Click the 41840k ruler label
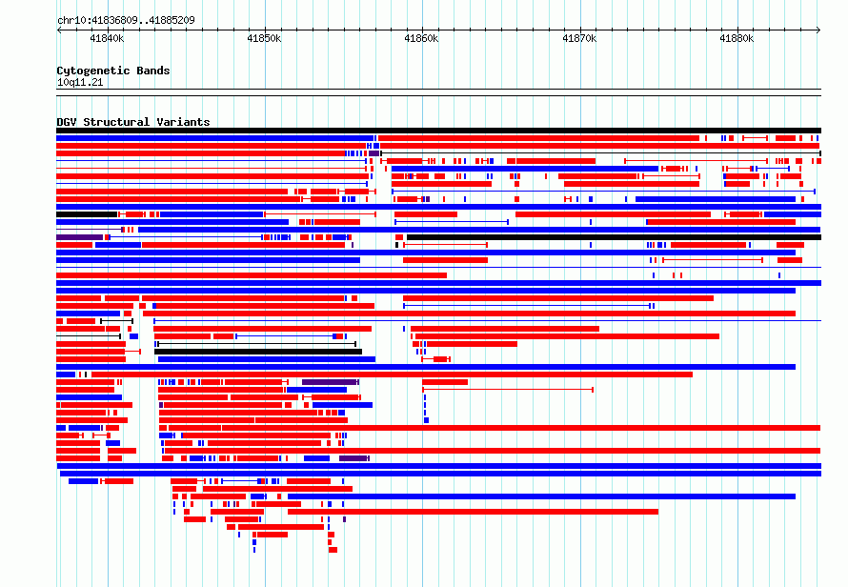107,38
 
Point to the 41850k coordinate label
264,38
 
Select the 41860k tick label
421,38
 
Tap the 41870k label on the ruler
579,38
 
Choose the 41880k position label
737,38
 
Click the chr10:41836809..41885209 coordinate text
126,21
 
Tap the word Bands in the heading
153,71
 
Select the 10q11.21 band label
80,82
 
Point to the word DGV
67,122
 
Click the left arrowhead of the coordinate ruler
58,30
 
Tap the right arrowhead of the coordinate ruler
819,30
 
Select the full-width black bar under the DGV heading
438,131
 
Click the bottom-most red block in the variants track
333,550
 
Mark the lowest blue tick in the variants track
254,550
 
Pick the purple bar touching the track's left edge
79,237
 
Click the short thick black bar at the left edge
87,214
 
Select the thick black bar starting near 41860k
614,237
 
